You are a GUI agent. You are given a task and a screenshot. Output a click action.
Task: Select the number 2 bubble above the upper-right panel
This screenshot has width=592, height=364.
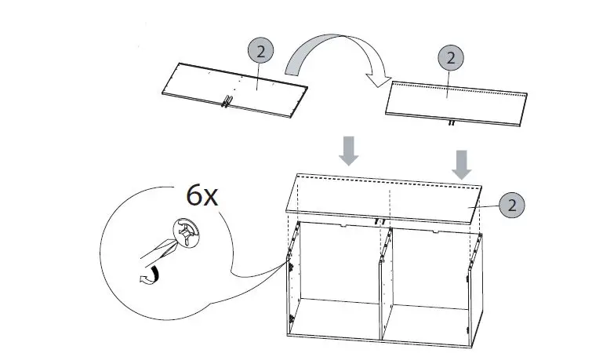tap(450, 57)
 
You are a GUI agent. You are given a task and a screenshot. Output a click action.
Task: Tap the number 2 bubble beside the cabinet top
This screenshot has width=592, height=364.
tap(510, 206)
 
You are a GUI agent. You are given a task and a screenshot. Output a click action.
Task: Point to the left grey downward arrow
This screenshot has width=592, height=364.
tap(348, 150)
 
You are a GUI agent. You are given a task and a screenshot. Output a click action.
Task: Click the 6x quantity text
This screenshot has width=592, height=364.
tap(202, 195)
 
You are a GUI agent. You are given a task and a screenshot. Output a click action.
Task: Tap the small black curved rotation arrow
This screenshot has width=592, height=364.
tap(146, 275)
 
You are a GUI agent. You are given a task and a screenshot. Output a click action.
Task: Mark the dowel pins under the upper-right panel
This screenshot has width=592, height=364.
tap(452, 123)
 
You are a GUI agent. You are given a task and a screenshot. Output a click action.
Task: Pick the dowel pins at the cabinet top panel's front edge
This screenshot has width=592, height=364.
tap(382, 222)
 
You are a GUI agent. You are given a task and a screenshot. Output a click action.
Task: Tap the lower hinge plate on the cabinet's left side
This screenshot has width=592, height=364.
tap(291, 318)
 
